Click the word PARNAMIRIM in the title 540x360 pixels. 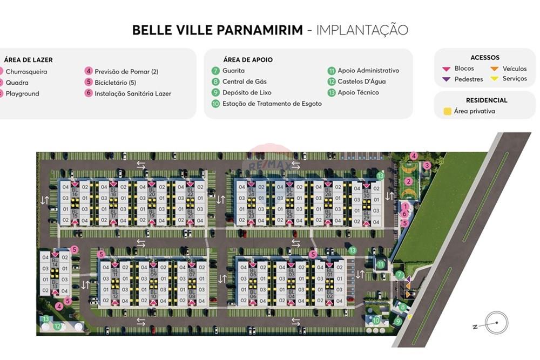tap(260, 30)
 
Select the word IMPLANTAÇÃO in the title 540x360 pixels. tap(362, 30)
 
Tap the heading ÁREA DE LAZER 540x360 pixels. tap(28, 60)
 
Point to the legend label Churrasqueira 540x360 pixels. tap(26, 72)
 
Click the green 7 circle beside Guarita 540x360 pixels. tap(215, 71)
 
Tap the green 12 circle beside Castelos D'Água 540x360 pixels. tap(332, 81)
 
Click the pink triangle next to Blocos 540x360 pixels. tap(446, 69)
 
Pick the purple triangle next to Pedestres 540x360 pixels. tap(446, 79)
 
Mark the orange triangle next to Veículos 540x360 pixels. tap(494, 69)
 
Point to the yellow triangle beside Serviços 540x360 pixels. tap(494, 79)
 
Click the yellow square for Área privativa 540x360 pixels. tap(447, 112)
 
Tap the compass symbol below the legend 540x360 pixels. tap(495, 324)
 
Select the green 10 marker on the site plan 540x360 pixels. tap(376, 321)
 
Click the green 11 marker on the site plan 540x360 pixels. tap(381, 264)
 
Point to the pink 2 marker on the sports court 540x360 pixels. tap(409, 181)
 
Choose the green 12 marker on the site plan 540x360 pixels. tap(58, 326)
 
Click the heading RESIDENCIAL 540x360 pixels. tap(487, 100)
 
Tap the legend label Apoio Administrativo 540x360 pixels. tap(368, 71)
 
